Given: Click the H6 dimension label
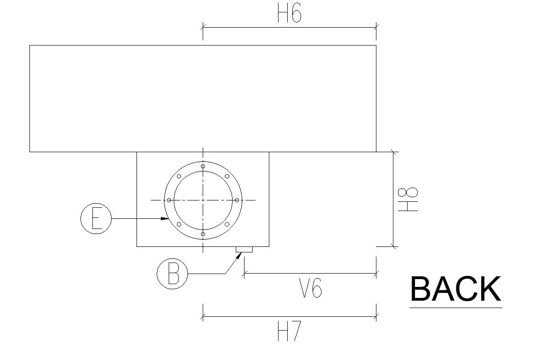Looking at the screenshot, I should [x=289, y=14].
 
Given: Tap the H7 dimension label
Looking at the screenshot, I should [x=289, y=332].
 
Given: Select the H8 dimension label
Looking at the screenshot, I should [x=408, y=199].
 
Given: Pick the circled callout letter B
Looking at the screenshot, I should [x=172, y=274].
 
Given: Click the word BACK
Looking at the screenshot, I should [x=455, y=289].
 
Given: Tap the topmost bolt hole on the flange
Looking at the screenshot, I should [x=203, y=166].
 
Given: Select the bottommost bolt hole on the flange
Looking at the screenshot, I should [x=203, y=234].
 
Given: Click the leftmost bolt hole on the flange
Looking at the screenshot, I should [x=169, y=200].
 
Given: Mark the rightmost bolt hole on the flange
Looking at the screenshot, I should [x=237, y=200].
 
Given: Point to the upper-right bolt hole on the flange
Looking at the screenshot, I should [x=227, y=176].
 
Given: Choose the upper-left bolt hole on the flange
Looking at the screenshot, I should [x=179, y=176].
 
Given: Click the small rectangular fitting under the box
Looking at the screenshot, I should [x=244, y=250].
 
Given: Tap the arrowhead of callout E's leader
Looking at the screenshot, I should [x=165, y=218].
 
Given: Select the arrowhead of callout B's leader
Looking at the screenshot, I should [x=238, y=255].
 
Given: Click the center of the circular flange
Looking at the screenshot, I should [x=203, y=200].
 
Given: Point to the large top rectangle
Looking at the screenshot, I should [x=203, y=98].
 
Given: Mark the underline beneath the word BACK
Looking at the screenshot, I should [x=455, y=307].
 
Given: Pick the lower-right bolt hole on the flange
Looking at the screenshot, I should [x=227, y=224].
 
